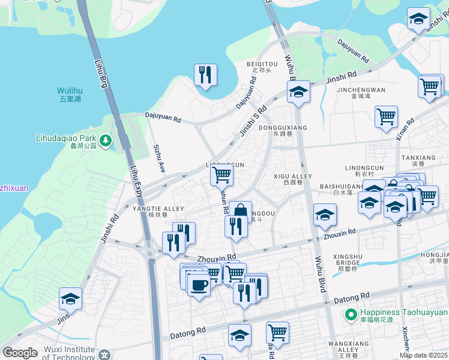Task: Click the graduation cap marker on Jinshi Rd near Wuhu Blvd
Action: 298,92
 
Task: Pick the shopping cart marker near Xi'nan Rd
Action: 386,116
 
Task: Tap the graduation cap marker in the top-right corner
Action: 418,19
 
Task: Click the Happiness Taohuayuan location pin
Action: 351,313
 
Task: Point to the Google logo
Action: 20,353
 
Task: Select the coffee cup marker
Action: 199,284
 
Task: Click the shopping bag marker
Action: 240,212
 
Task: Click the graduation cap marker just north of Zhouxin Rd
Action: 325,215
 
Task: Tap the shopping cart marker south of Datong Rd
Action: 277,332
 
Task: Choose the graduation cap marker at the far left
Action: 70,299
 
